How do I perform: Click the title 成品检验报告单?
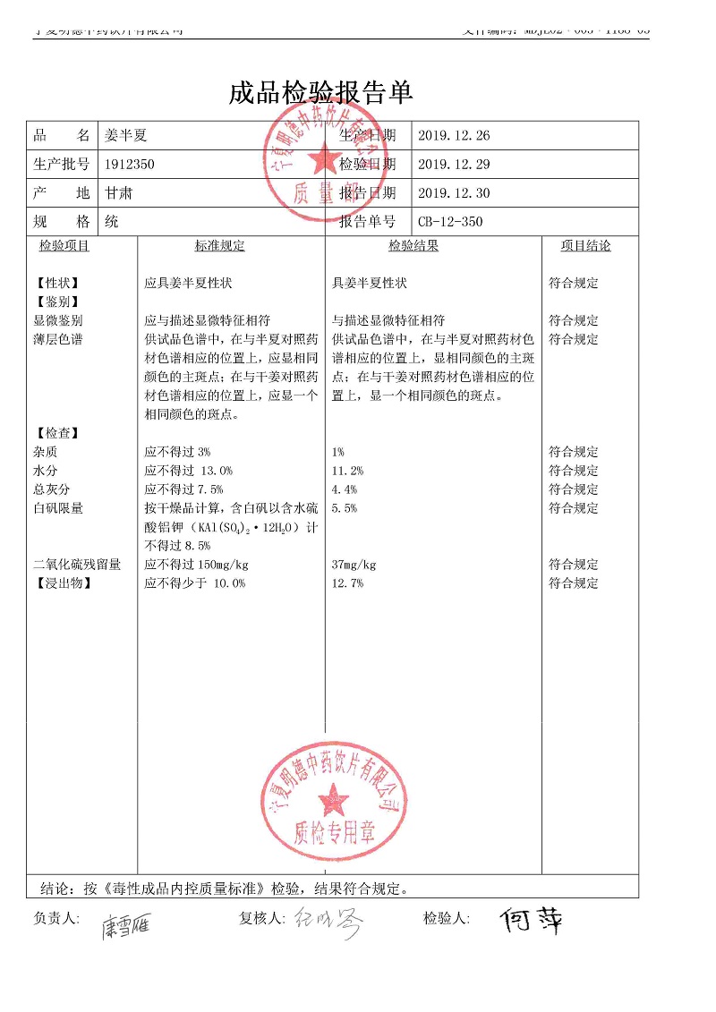(x=320, y=93)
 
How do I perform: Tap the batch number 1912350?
(x=130, y=165)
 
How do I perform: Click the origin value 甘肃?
(x=118, y=193)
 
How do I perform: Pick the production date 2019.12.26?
(x=454, y=136)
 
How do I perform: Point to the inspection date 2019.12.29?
(x=454, y=165)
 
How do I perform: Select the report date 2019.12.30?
(x=454, y=193)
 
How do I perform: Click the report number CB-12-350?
(x=450, y=222)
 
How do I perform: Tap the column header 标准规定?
(x=219, y=246)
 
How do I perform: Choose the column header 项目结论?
(x=585, y=246)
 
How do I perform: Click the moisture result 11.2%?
(x=347, y=471)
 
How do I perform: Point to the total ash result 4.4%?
(x=345, y=489)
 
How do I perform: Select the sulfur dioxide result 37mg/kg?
(x=354, y=565)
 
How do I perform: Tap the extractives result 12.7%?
(x=347, y=583)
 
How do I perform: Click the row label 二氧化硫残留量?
(x=77, y=565)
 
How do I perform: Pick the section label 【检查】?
(x=56, y=433)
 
